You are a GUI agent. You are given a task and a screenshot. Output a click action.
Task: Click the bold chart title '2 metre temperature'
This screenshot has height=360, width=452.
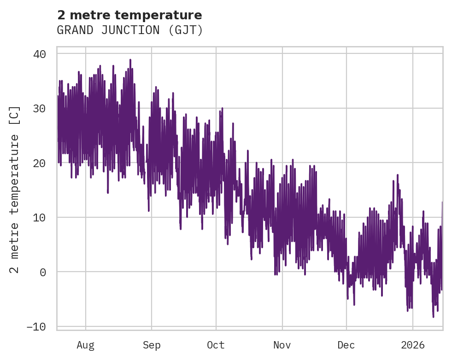pos(129,15)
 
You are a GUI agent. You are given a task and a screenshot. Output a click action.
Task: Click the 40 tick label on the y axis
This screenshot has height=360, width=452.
pos(40,54)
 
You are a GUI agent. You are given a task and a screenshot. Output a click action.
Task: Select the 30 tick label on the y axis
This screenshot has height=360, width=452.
pos(40,109)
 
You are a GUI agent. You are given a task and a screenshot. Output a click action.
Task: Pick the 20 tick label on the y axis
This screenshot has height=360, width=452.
pos(40,163)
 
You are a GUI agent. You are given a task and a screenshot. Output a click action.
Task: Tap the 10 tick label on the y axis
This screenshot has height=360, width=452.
pos(40,217)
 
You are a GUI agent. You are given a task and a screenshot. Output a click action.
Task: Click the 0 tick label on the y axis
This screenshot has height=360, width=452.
pos(43,272)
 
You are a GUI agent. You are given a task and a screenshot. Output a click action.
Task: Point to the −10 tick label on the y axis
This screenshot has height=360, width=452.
pos(36,326)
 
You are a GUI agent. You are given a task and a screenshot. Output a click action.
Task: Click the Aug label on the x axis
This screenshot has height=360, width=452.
pos(85,345)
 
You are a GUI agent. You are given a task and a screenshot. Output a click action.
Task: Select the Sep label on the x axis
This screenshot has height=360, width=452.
pos(152,345)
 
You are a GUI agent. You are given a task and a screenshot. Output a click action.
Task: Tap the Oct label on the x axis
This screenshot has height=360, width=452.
pos(216,345)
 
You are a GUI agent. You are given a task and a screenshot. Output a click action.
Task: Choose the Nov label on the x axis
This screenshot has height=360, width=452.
pos(282,345)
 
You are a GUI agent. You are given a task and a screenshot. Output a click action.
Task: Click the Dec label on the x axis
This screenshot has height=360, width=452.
pos(346,345)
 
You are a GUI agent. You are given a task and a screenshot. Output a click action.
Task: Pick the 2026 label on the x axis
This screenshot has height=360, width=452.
pos(412,345)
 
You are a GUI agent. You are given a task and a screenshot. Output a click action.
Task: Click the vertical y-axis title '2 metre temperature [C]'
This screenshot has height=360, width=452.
pos(15,190)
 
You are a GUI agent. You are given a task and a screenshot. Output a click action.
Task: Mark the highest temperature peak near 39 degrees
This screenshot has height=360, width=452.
pos(130,60)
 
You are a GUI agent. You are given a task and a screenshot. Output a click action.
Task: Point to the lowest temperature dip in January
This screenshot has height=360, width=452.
pos(433,317)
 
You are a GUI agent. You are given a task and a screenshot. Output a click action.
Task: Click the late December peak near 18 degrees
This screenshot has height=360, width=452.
pos(397,175)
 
